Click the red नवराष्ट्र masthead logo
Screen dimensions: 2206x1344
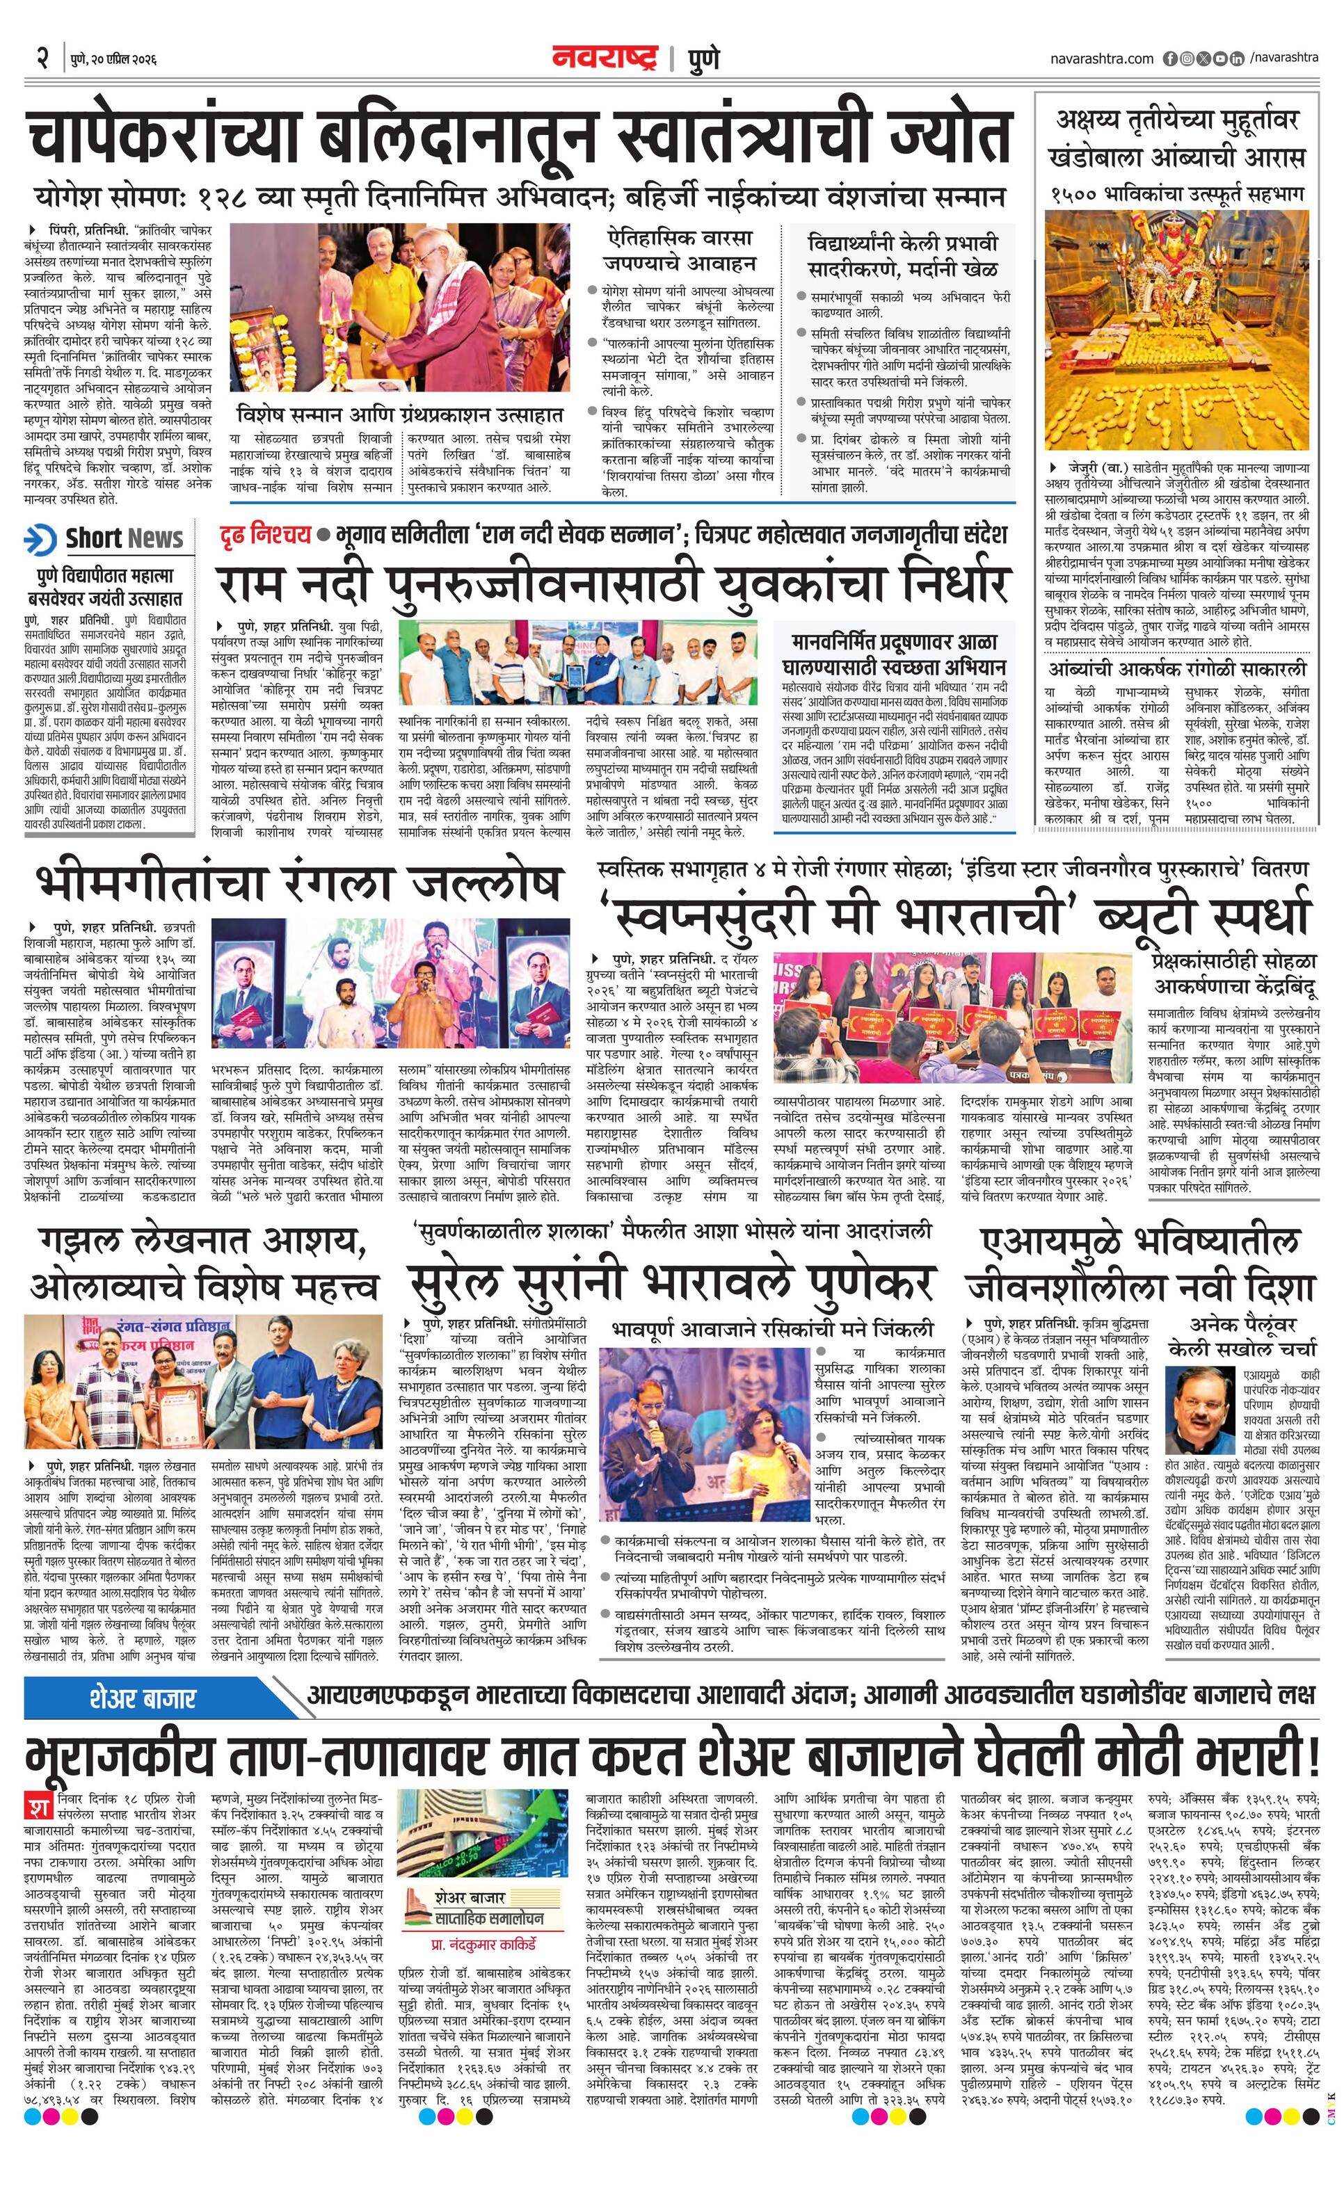tap(605, 59)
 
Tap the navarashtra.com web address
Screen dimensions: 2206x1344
tap(1102, 59)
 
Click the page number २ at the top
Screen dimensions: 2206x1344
tap(41, 59)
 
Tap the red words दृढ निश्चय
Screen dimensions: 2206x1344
tap(265, 535)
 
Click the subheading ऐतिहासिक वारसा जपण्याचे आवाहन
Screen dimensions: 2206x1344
tap(680, 250)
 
